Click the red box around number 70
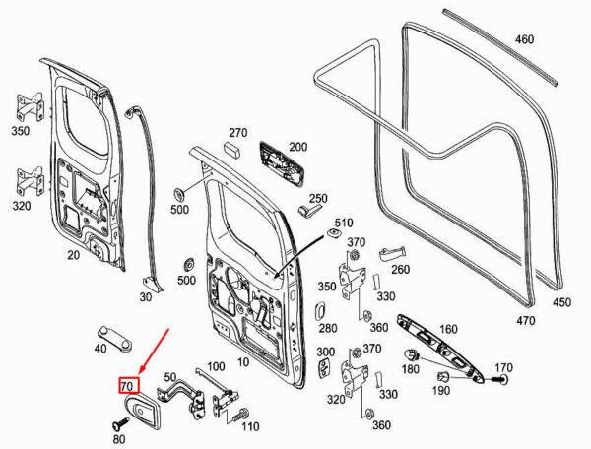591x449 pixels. click(x=129, y=385)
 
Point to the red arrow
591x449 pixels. click(x=155, y=352)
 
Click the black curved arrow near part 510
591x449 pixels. click(x=299, y=255)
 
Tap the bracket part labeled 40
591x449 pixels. click(x=115, y=339)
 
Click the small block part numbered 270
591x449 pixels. click(x=231, y=149)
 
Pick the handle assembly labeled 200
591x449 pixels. click(x=281, y=163)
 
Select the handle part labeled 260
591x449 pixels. click(x=392, y=253)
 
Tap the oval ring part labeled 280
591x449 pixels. click(x=319, y=312)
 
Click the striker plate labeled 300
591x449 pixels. click(x=324, y=367)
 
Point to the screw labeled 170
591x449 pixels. click(x=500, y=379)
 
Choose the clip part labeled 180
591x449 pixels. click(x=412, y=354)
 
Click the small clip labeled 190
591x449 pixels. click(x=443, y=376)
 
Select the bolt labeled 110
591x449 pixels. click(x=239, y=415)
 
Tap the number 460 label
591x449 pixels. click(x=524, y=39)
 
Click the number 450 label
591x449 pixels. click(x=561, y=302)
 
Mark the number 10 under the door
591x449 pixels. click(x=243, y=362)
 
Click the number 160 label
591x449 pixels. click(x=448, y=329)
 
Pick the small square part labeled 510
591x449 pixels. click(x=334, y=233)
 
